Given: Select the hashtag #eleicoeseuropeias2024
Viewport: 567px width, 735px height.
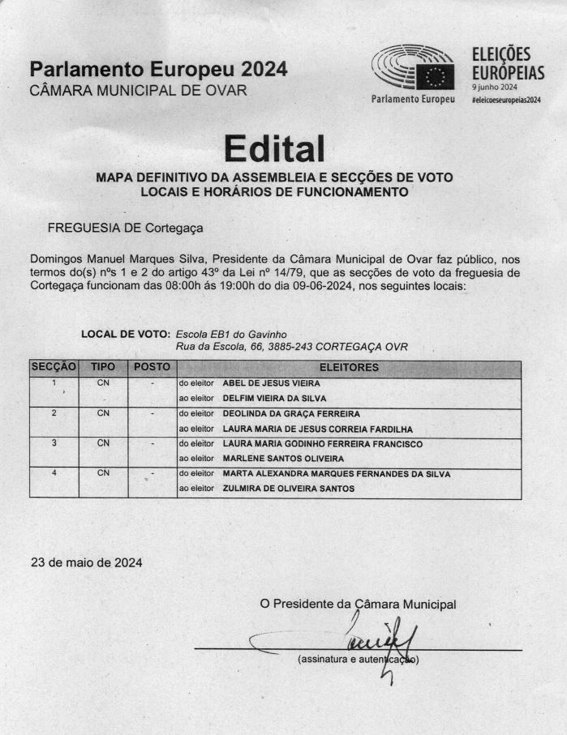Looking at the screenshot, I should tap(505, 99).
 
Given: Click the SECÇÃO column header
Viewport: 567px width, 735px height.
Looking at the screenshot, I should tap(54, 367).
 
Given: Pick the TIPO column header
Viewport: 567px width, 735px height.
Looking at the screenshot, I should tap(103, 367).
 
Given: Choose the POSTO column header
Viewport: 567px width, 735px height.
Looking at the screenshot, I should tap(152, 367).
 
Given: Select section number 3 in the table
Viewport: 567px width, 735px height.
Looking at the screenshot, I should tap(54, 443).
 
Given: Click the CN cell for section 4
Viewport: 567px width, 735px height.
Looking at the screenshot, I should tap(103, 473).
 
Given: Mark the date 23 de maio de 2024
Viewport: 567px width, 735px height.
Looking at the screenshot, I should tap(86, 562).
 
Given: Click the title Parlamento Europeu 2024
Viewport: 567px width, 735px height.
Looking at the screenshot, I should tap(158, 70).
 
